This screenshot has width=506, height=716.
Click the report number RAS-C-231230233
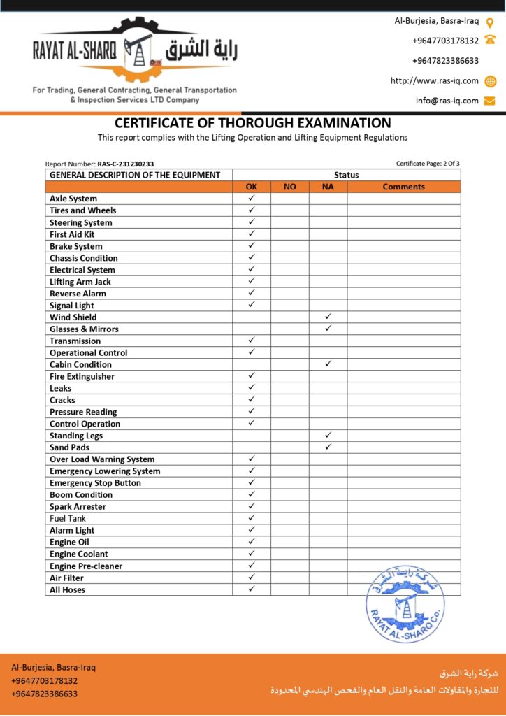125,164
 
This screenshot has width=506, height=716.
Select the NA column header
328,187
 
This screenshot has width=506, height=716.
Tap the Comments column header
403,187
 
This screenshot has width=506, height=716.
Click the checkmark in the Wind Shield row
328,317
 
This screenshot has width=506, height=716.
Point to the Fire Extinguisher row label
82,376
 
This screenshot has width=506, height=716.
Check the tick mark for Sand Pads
328,447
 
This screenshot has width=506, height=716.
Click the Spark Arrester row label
78,506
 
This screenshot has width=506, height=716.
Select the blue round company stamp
404,604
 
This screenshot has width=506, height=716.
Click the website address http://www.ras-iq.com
435,80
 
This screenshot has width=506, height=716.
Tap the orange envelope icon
490,101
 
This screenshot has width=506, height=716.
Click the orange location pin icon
490,22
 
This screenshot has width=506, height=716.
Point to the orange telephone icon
490,41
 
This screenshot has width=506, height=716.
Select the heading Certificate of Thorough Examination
252,123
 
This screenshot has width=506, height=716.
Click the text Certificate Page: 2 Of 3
428,164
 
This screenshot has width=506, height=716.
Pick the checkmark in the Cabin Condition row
328,364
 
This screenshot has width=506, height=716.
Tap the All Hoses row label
67,589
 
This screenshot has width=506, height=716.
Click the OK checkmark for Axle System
252,199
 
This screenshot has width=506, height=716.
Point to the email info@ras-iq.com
447,101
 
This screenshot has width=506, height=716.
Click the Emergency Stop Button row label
95,482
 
